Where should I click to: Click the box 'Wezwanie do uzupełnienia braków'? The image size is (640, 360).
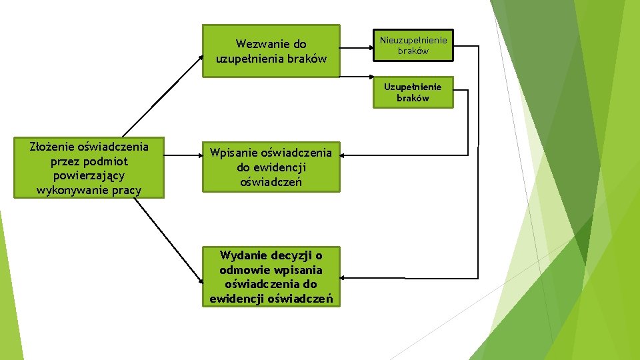[271, 51]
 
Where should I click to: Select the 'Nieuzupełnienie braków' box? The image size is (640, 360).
[413, 46]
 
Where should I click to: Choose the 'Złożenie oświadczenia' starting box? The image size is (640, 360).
[89, 168]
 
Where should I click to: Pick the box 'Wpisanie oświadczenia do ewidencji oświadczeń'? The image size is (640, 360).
[271, 167]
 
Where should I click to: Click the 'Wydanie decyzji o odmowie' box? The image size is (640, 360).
[271, 277]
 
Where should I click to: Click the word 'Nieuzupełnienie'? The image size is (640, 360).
[413, 40]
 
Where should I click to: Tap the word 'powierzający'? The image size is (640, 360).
[89, 175]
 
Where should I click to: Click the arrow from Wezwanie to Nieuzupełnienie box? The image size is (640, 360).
[357, 47]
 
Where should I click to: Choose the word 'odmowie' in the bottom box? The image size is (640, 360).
[243, 270]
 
